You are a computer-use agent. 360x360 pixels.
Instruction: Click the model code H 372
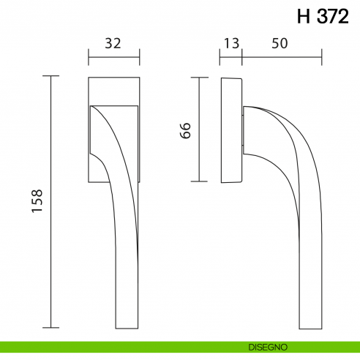(x=323, y=16)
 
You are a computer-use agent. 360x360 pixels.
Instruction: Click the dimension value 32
(x=113, y=43)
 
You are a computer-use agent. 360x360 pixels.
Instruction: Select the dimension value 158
(x=38, y=201)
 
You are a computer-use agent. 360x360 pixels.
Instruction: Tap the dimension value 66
(x=185, y=130)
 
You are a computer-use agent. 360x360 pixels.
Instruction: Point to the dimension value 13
(x=231, y=43)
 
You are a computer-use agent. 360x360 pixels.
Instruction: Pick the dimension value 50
(x=279, y=43)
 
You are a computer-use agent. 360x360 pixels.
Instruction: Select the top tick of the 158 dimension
(x=51, y=76)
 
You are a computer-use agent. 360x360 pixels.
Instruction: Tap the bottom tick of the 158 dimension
(x=51, y=328)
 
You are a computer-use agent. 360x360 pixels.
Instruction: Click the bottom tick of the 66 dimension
(x=199, y=181)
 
